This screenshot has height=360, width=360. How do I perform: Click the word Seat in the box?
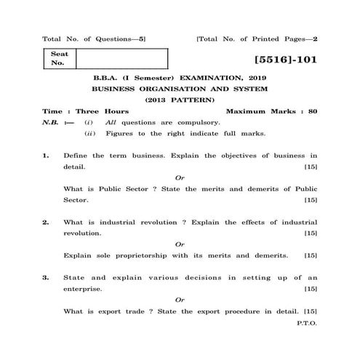(58, 54)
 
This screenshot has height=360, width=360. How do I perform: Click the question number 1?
(46, 156)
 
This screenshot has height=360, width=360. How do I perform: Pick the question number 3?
(46, 277)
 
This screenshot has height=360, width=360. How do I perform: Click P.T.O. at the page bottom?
(308, 321)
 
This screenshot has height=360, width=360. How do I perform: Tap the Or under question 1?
(180, 177)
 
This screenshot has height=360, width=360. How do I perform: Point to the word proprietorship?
(137, 255)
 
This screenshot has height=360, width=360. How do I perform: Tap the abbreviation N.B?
(52, 122)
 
